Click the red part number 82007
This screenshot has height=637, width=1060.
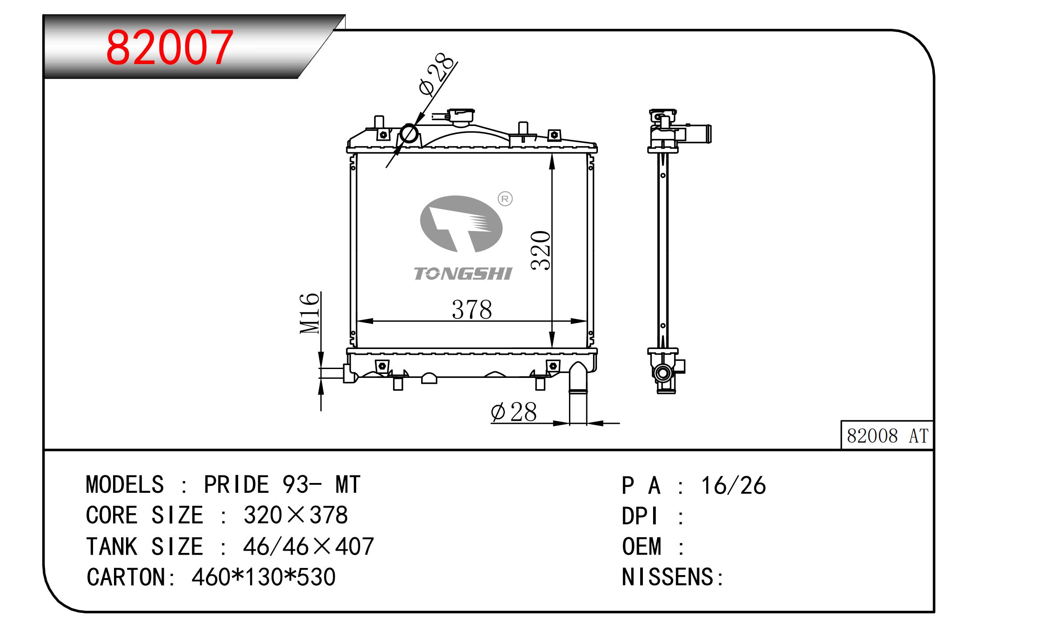tap(170, 47)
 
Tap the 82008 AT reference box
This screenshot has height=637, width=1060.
tap(886, 435)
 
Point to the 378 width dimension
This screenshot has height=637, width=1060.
tap(472, 309)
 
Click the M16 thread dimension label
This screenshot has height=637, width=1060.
tap(310, 313)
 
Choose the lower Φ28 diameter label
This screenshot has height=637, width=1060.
tap(514, 412)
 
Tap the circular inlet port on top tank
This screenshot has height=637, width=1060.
tap(409, 134)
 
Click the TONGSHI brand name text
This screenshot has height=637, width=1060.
tap(463, 274)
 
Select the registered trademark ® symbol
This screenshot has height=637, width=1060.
tap(505, 199)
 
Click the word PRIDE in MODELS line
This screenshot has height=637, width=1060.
tap(236, 485)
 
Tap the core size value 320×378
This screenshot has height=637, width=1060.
tap(295, 515)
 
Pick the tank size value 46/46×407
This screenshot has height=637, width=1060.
tap(309, 547)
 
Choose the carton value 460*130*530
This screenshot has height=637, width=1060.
tap(264, 577)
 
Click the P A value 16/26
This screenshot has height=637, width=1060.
tap(734, 486)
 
